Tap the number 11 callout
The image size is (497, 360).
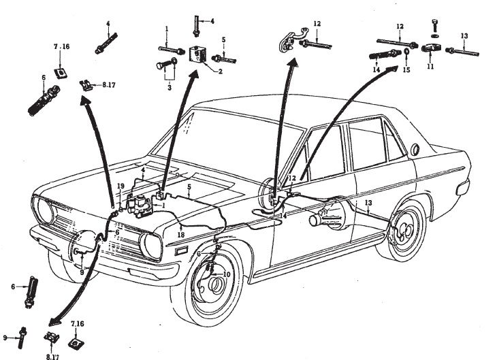tap(430, 67)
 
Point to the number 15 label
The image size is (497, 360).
tap(407, 70)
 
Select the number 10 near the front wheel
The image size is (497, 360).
tap(227, 274)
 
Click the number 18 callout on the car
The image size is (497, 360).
tap(181, 235)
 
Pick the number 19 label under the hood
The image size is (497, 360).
tap(120, 186)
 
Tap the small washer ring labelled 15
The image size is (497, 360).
tap(406, 51)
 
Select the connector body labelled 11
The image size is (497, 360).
tap(431, 48)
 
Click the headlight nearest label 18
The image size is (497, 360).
tap(151, 246)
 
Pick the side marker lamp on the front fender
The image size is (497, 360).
tap(182, 251)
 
